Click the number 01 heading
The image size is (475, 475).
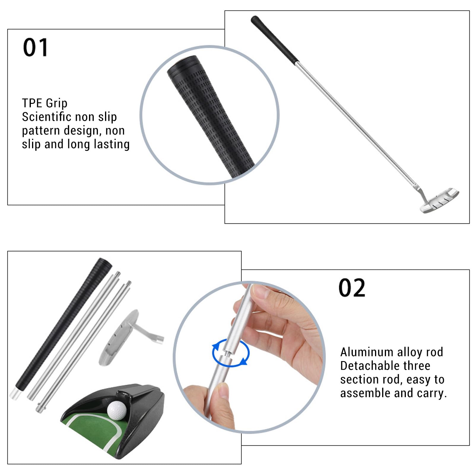pos(35,47)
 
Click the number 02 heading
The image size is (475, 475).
pos(352,288)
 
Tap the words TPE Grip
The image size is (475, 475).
pos(45,103)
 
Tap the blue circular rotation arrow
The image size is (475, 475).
pos(231,353)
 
